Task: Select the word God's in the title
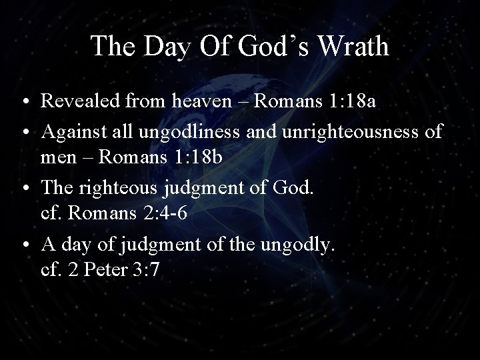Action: tap(263, 46)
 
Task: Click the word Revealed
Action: tap(79, 102)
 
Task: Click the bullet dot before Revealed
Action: tap(23, 103)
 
